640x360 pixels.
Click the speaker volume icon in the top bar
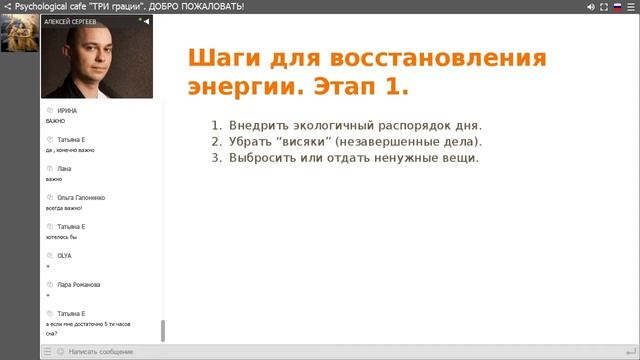[x=590, y=6]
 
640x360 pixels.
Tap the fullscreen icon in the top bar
[x=604, y=6]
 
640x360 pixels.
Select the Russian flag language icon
[x=618, y=6]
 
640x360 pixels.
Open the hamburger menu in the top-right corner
[x=632, y=6]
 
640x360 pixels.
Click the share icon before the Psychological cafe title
[x=7, y=6]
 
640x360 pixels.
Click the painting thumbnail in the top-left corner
[x=19, y=32]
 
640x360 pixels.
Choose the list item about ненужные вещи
[x=346, y=158]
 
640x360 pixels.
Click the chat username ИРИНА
[x=67, y=110]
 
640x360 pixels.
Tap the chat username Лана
[x=65, y=168]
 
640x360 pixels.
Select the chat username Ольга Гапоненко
[x=81, y=198]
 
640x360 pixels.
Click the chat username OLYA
[x=65, y=256]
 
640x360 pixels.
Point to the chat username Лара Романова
[x=79, y=285]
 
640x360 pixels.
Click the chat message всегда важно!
[x=64, y=208]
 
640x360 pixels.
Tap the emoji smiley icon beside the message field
[x=59, y=352]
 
